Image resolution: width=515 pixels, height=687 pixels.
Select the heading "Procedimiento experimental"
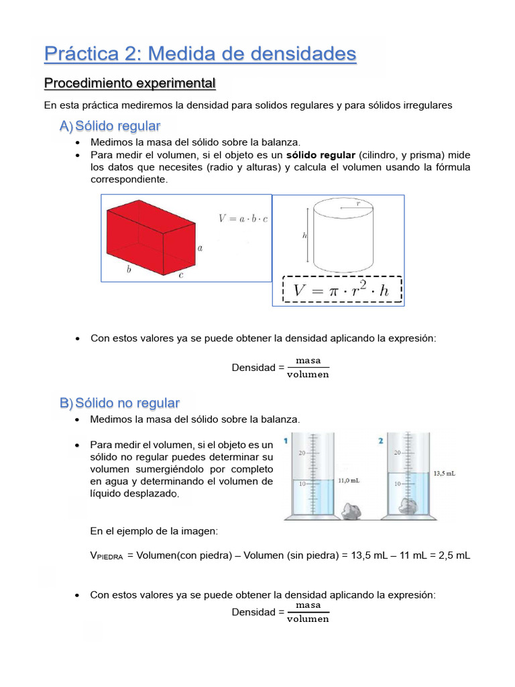[x=129, y=84]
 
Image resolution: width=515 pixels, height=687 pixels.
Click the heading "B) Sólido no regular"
[x=119, y=403]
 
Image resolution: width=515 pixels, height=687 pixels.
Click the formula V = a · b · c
[x=243, y=218]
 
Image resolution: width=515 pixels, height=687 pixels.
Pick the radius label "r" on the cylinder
[x=359, y=203]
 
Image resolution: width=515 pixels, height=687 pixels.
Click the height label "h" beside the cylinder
[x=304, y=235]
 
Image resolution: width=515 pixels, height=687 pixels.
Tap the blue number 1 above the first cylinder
[x=286, y=440]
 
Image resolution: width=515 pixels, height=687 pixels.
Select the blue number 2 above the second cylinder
[x=381, y=441]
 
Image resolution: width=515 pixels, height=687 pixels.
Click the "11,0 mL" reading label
[x=349, y=480]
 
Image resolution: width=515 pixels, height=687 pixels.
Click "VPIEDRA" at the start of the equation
[x=107, y=556]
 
